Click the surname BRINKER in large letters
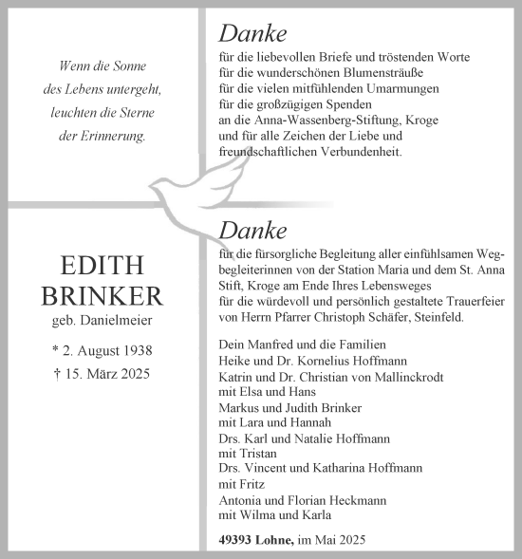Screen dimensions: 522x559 coord(103,296)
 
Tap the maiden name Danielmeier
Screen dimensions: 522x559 coord(121,323)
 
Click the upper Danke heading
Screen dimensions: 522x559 coord(252,34)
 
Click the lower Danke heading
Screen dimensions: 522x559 coord(252,230)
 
